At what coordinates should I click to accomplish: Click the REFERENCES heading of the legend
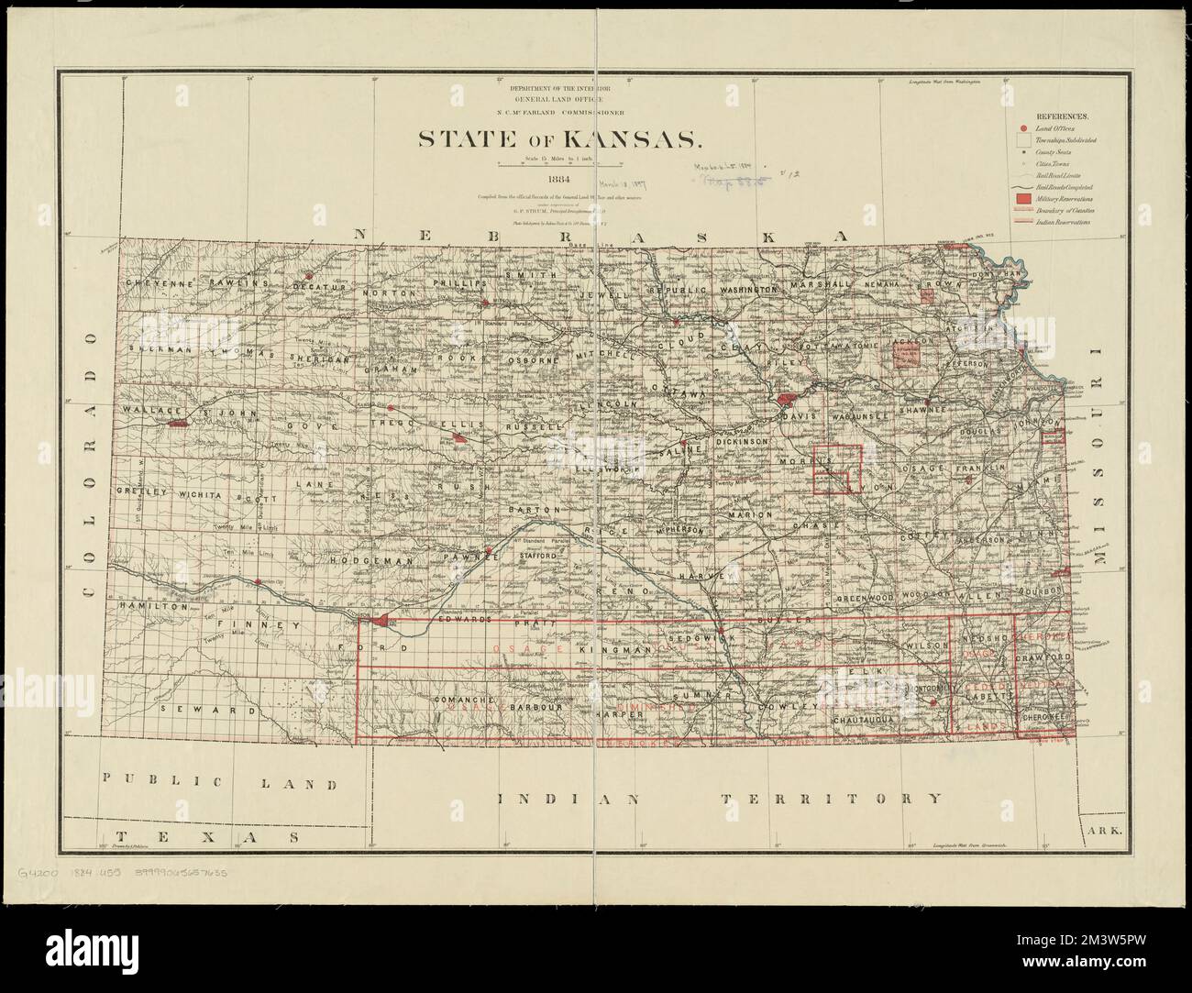click(1062, 117)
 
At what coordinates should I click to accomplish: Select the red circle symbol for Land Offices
click(1021, 130)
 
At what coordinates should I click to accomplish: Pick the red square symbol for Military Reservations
click(1021, 196)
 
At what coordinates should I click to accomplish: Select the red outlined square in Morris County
click(838, 469)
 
